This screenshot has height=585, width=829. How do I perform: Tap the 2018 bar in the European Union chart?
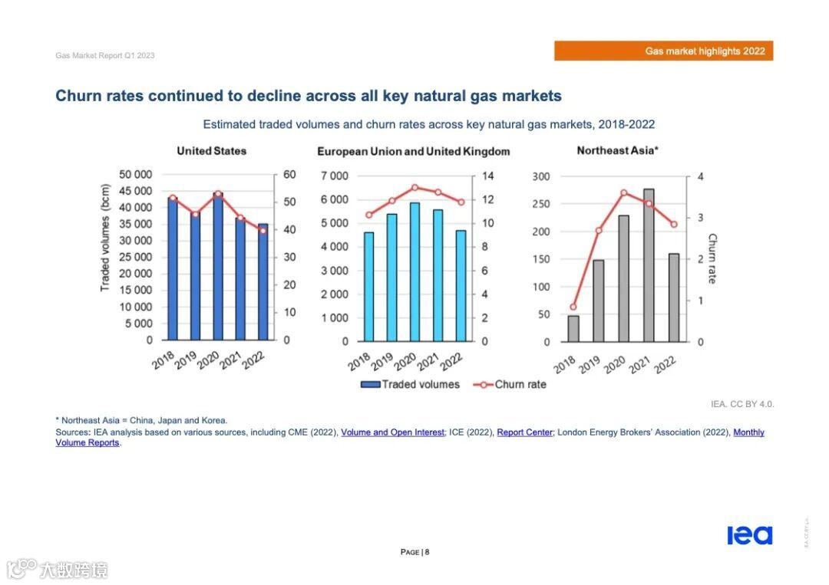click(x=368, y=287)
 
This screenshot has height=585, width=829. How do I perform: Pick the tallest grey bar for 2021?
click(x=649, y=265)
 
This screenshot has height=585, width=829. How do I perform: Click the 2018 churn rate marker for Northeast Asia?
click(x=573, y=307)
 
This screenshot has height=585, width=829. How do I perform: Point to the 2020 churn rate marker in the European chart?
click(x=414, y=187)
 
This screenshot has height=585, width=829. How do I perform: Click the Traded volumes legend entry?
click(x=411, y=384)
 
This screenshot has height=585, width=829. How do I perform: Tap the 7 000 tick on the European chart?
click(x=334, y=176)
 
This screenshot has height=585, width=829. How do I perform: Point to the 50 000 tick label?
click(x=135, y=175)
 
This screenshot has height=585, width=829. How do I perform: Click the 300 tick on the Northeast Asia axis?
click(x=542, y=176)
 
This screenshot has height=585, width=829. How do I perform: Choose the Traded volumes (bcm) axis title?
click(x=105, y=237)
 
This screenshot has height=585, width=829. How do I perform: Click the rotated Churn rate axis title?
click(x=712, y=258)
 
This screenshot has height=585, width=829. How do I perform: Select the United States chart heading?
click(x=211, y=151)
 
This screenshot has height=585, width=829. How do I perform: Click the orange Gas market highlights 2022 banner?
click(x=663, y=51)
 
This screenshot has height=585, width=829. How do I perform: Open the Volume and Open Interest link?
click(x=392, y=432)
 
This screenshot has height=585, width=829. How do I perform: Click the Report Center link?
click(x=524, y=432)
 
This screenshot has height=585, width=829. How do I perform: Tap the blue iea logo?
click(x=749, y=535)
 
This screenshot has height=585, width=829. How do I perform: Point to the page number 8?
click(x=428, y=552)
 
